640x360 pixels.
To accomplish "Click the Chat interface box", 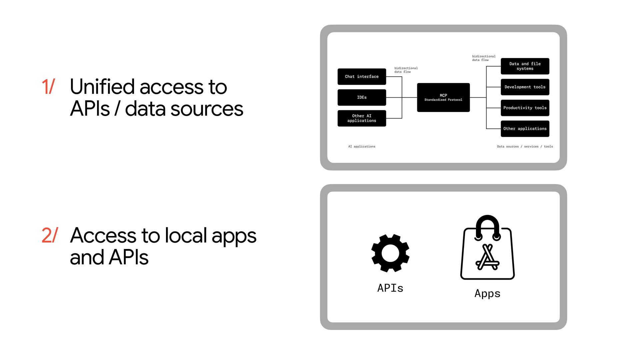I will (x=362, y=77).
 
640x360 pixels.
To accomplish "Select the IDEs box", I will (x=362, y=97).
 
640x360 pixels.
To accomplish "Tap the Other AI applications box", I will (x=362, y=118).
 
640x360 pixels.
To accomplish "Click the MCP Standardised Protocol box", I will (x=443, y=97).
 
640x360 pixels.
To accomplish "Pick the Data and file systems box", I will (x=525, y=66).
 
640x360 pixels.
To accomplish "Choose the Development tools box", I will (x=525, y=87).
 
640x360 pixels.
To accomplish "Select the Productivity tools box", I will (x=525, y=108).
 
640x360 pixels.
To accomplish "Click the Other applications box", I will (x=525, y=129).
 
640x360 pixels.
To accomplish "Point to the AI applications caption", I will (x=362, y=146).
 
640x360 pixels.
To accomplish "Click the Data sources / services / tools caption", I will (x=525, y=146).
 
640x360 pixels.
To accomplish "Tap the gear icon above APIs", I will (x=390, y=253).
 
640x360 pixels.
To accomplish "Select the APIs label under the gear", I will (x=390, y=288).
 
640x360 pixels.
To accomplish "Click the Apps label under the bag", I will (x=487, y=293).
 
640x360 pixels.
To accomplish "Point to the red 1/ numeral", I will (x=48, y=87).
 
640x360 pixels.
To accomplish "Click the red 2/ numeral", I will (x=50, y=235).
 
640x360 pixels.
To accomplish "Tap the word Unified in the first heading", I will (x=102, y=87).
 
